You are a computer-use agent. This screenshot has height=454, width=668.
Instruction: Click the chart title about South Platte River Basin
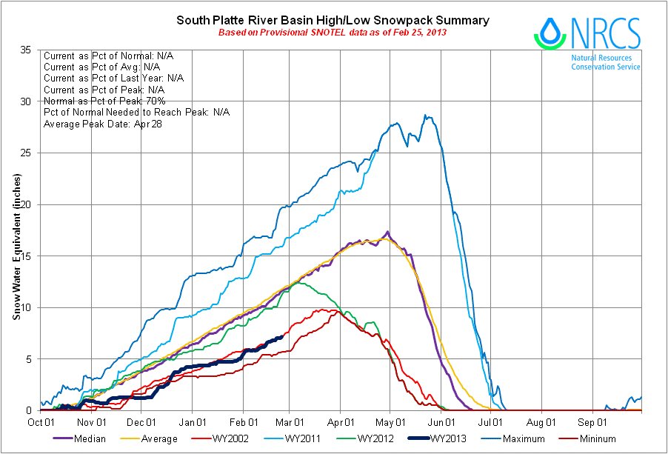(333, 21)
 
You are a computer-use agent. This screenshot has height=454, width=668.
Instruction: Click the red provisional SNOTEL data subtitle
(333, 33)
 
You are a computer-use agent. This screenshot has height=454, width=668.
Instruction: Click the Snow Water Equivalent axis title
(16, 247)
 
